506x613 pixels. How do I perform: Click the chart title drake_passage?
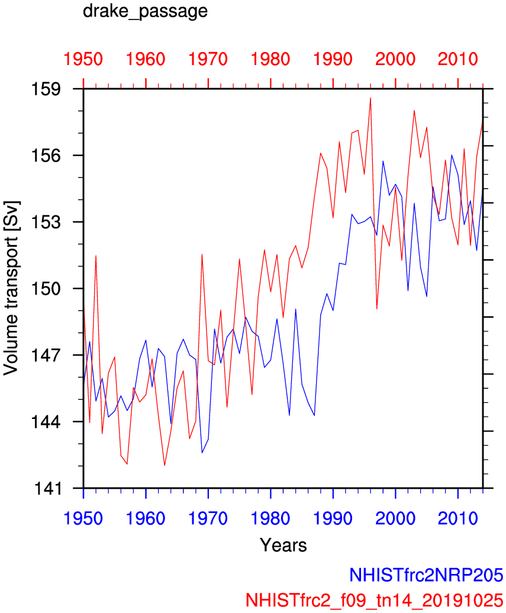pyautogui.click(x=145, y=11)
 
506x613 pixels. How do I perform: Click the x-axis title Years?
pyautogui.click(x=283, y=544)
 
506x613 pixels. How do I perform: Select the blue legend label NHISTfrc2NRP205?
pyautogui.click(x=426, y=575)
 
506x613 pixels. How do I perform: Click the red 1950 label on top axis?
pyautogui.click(x=83, y=60)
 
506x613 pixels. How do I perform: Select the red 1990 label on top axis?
pyautogui.click(x=333, y=60)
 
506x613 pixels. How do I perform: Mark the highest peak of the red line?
pyautogui.click(x=370, y=98)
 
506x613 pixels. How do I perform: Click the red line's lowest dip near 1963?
pyautogui.click(x=165, y=466)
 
